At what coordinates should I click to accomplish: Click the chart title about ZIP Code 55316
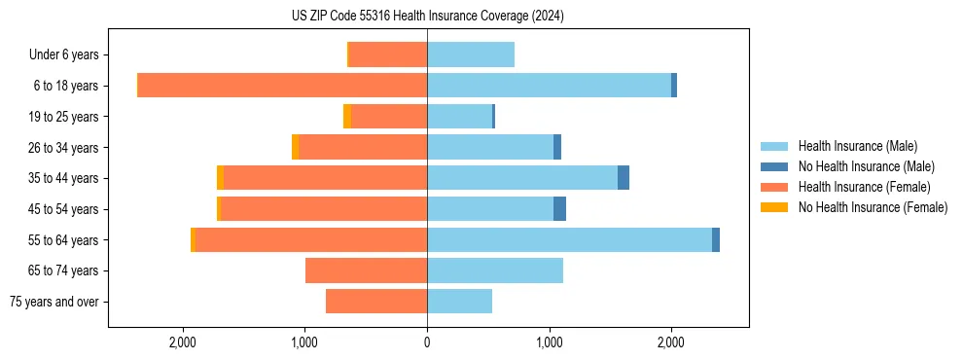pos(427,16)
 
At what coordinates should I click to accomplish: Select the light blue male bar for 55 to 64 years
pos(569,239)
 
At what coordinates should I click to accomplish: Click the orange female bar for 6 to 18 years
pos(282,86)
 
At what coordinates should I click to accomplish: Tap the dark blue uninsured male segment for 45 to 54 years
pos(559,208)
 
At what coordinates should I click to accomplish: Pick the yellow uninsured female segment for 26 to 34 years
pos(296,147)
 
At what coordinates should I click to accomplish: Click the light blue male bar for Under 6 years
pos(471,54)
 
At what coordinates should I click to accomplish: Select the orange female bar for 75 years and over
pos(376,302)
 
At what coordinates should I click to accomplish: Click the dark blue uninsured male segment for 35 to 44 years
pos(624,178)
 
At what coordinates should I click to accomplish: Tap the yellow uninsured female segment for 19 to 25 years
pos(347,117)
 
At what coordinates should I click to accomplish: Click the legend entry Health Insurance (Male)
pos(857,146)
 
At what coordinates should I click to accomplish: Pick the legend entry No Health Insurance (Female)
pos(873,207)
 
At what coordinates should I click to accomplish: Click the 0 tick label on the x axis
pos(427,342)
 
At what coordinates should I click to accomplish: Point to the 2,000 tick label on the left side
pos(183,342)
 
